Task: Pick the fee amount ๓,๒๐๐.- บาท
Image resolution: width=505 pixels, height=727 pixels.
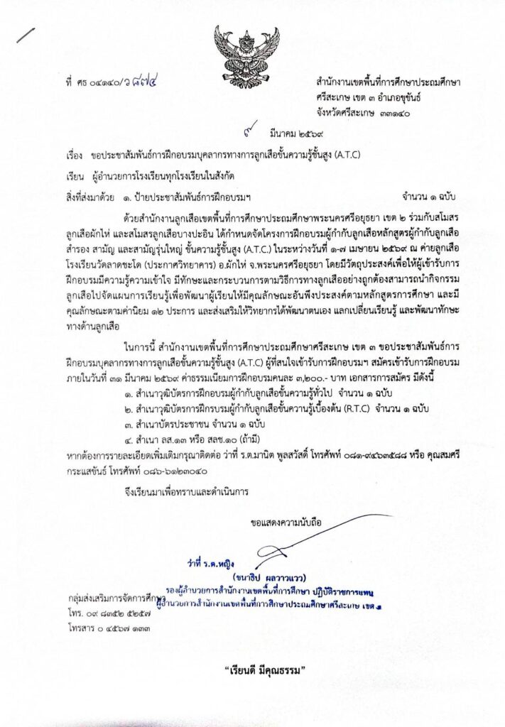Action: click(340, 370)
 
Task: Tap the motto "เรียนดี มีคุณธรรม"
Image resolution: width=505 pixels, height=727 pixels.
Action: click(252, 669)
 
